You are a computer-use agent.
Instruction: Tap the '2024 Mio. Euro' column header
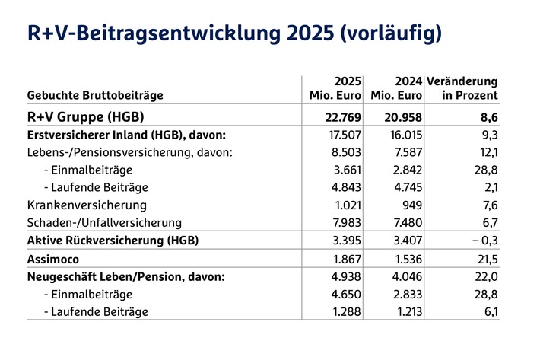(396, 88)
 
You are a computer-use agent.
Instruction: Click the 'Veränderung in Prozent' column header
(462, 88)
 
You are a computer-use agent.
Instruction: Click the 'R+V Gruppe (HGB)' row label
(85, 117)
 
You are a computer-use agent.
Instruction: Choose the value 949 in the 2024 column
(409, 205)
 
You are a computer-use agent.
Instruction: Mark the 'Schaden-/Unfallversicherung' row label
(104, 222)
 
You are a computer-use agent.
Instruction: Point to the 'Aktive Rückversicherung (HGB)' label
(112, 241)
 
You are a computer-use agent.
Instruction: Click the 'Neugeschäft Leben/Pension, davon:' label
(125, 276)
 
